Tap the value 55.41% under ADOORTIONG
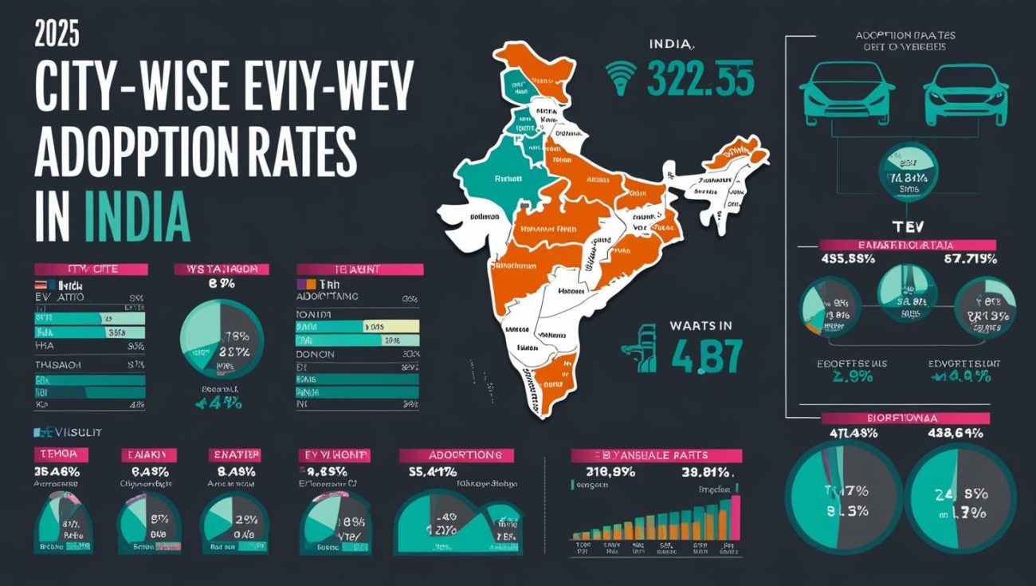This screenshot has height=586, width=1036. pyautogui.click(x=433, y=471)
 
